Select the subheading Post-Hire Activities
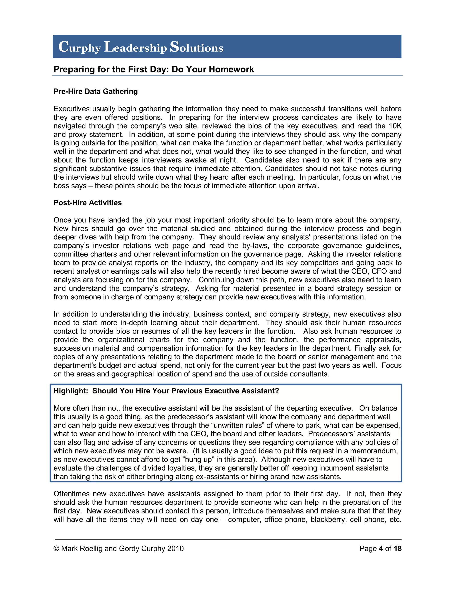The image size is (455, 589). pyautogui.click(x=88, y=202)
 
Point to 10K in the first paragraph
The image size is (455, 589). pyautogui.click(x=395, y=126)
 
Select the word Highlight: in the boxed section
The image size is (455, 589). pyautogui.click(x=71, y=391)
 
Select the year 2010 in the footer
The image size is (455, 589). pyautogui.click(x=175, y=549)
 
